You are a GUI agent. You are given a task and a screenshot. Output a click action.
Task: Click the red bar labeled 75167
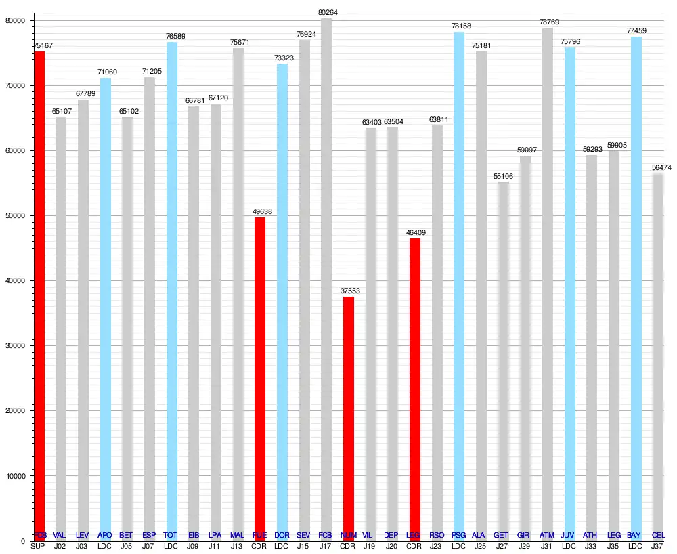tap(39, 291)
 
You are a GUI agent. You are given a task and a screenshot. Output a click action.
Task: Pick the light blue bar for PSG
tap(458, 284)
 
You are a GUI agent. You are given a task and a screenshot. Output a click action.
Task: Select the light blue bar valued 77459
tap(636, 284)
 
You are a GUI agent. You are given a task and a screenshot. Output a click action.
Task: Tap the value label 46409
tap(414, 233)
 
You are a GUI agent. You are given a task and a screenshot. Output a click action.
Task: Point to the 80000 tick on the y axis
tap(14, 21)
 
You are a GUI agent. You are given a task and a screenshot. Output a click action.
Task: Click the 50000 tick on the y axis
tap(14, 216)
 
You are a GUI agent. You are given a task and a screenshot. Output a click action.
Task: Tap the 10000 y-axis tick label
tap(14, 476)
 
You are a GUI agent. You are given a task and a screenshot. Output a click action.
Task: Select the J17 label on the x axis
tap(326, 545)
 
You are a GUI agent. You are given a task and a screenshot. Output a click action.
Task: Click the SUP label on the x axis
tap(38, 545)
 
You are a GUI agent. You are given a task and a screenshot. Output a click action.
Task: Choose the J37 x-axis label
tap(657, 545)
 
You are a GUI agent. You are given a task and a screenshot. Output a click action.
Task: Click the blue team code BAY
tap(634, 536)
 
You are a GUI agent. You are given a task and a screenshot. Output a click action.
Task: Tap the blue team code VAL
tap(60, 536)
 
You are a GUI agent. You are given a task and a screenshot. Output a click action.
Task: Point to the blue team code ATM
tap(547, 536)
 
